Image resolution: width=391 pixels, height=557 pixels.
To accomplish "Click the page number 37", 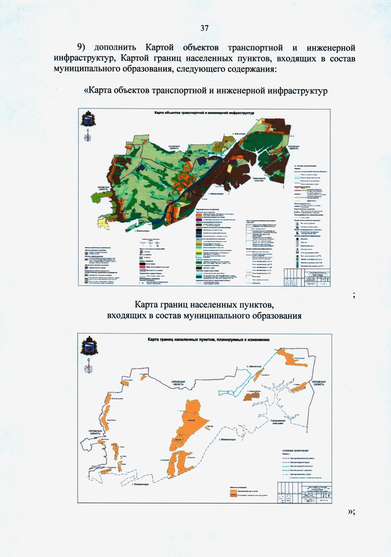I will [204, 28].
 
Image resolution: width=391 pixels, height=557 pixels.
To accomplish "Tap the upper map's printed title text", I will [204, 113].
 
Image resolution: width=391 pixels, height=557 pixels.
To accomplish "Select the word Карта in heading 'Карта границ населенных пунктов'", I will [147, 305].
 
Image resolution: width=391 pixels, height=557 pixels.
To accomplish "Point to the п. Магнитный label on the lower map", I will [254, 366].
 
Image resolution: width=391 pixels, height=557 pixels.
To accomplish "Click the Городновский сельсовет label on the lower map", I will [278, 422].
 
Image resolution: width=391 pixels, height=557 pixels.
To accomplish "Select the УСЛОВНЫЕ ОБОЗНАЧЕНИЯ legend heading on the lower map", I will [295, 451].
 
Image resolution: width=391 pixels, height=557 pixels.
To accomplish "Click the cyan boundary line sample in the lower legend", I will [285, 466].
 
